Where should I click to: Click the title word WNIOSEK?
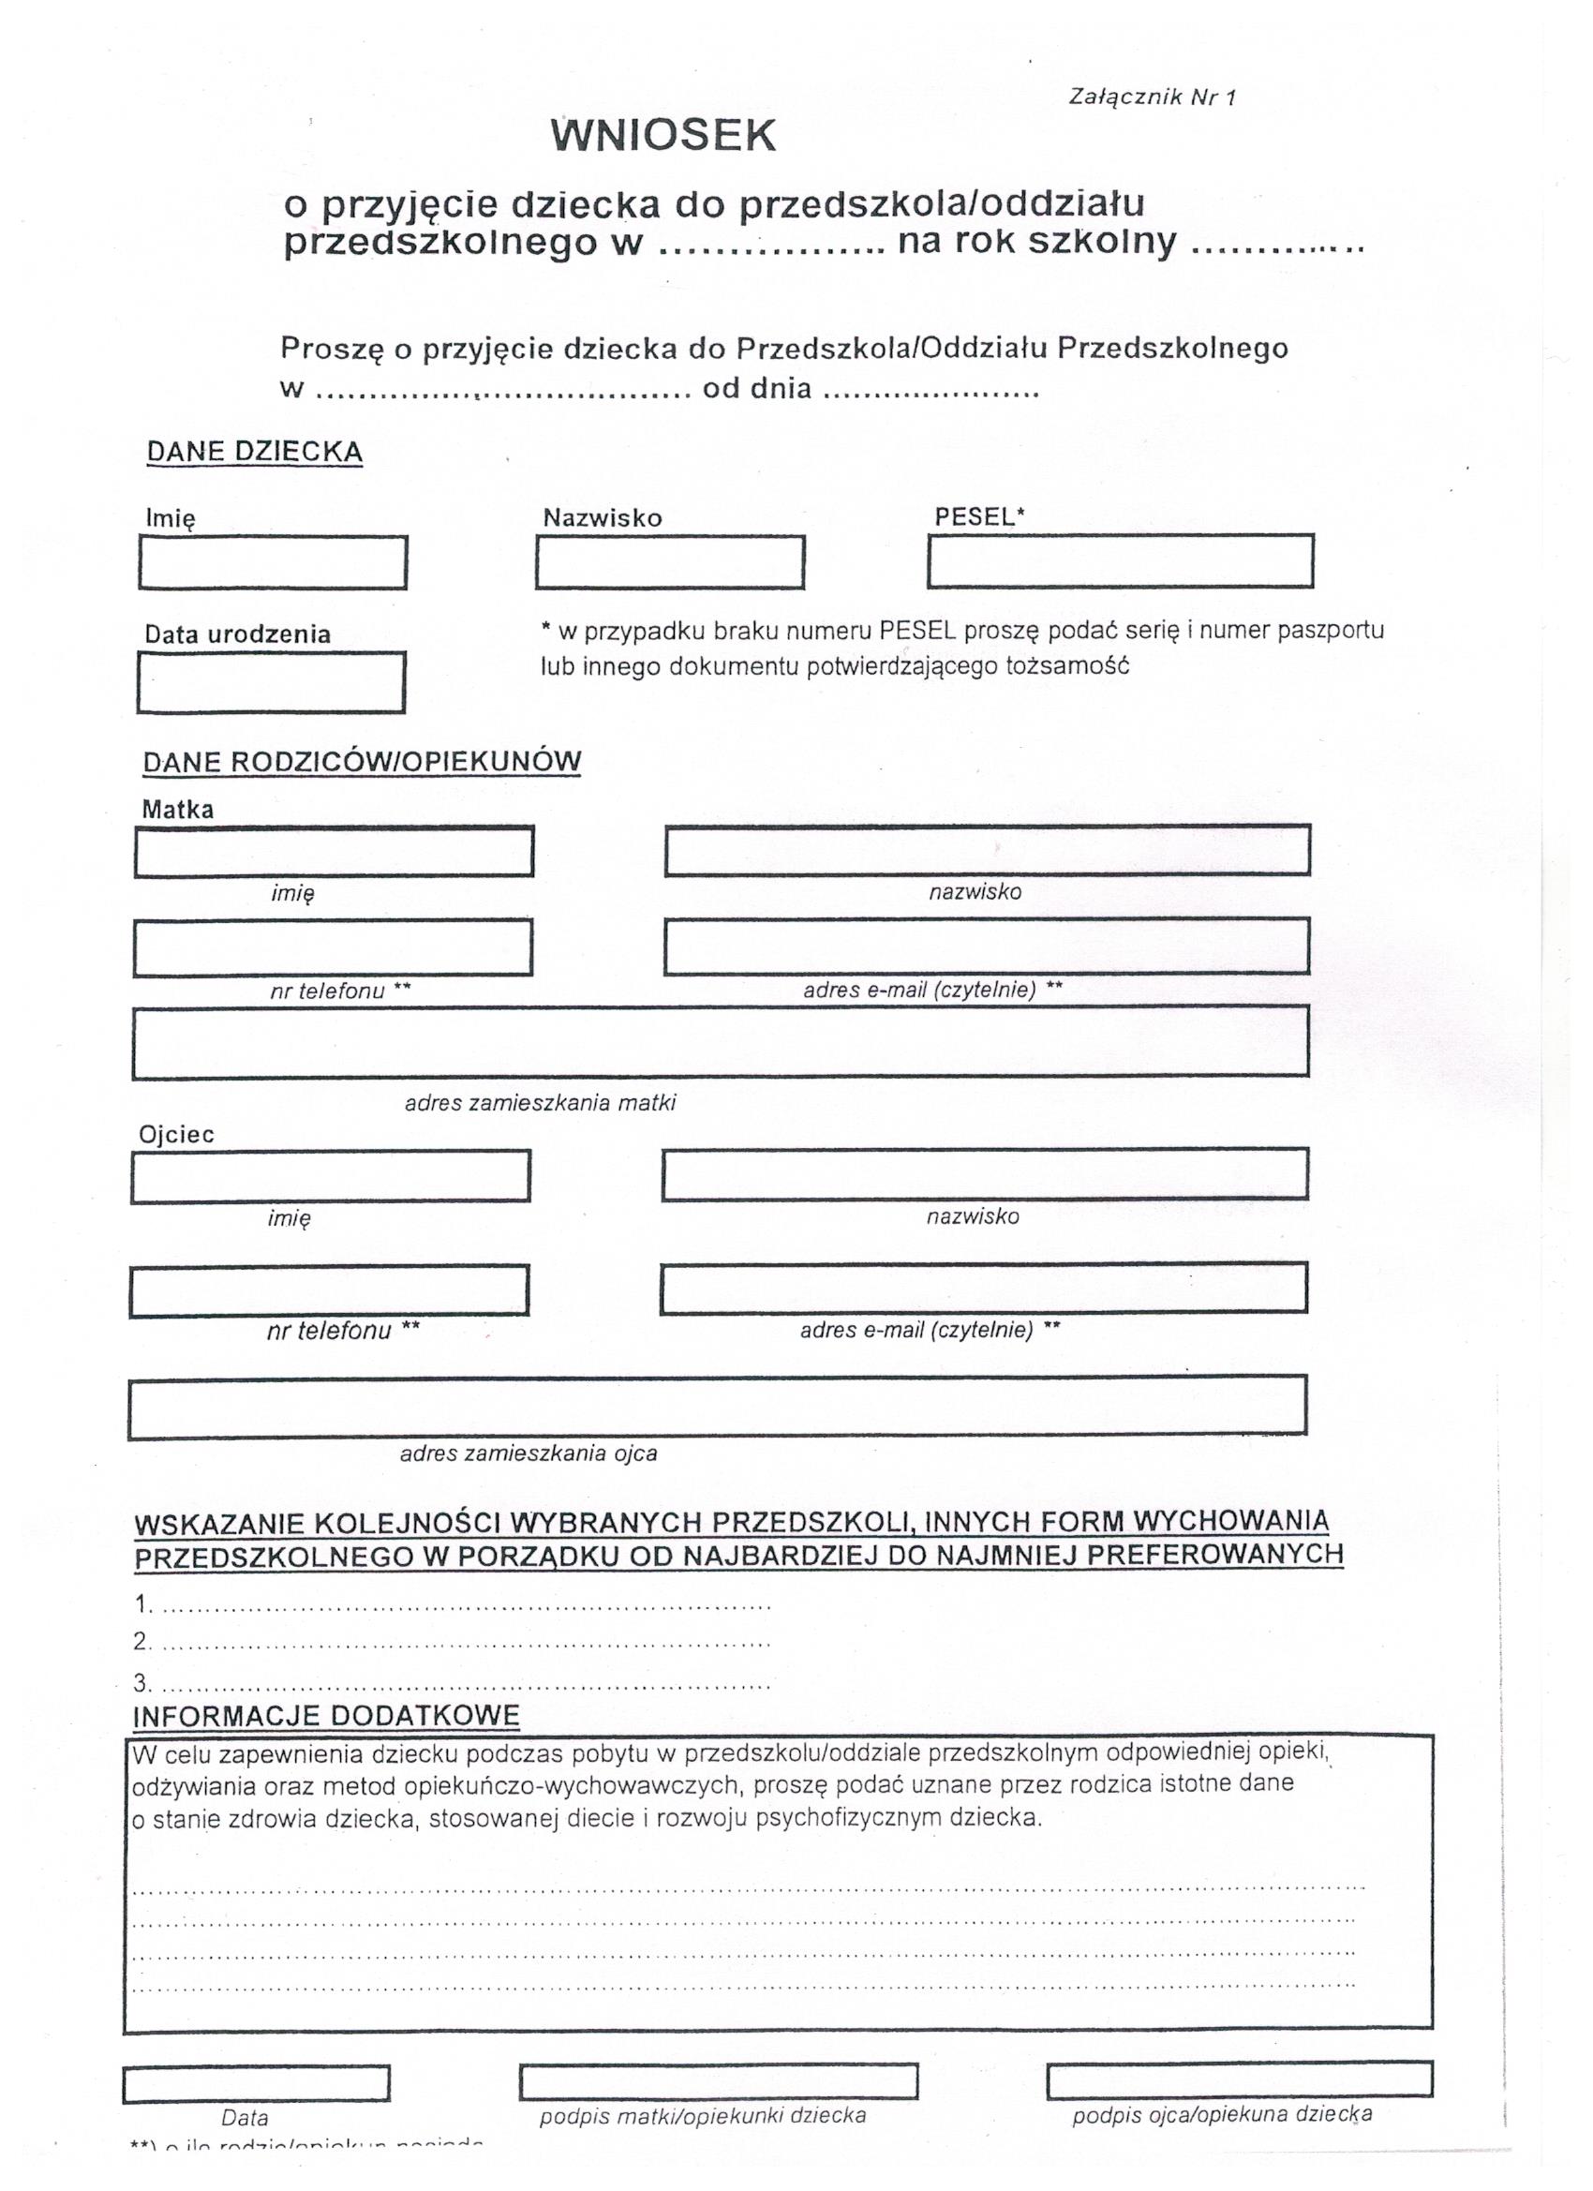click(x=663, y=135)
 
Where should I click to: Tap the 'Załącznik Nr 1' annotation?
click(x=1152, y=97)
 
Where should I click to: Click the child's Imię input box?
click(x=273, y=562)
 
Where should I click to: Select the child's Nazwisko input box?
click(x=669, y=562)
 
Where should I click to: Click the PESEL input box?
click(x=1120, y=561)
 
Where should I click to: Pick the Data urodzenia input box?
click(x=271, y=683)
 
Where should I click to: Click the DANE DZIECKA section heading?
click(x=254, y=452)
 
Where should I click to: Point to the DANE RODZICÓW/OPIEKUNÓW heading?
click(x=362, y=761)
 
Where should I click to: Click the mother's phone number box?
click(x=333, y=947)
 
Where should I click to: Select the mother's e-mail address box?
click(x=987, y=946)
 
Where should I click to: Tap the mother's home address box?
click(x=720, y=1042)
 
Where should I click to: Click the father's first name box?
click(x=331, y=1176)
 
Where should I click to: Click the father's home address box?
click(x=717, y=1406)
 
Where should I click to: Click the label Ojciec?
click(x=176, y=1134)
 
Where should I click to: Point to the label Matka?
click(x=178, y=810)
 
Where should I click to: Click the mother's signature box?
click(x=718, y=2082)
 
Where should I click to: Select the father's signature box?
click(x=1239, y=2079)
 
